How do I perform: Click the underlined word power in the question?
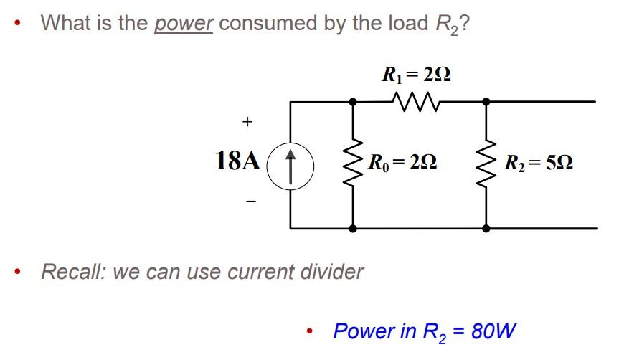click(184, 23)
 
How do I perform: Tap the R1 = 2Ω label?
click(417, 74)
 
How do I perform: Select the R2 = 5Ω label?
click(538, 162)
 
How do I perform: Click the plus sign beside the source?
click(247, 122)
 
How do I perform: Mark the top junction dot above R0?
click(353, 103)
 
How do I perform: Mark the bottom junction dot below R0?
click(353, 228)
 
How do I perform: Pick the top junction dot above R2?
click(486, 103)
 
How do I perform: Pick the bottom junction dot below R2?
click(486, 228)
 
